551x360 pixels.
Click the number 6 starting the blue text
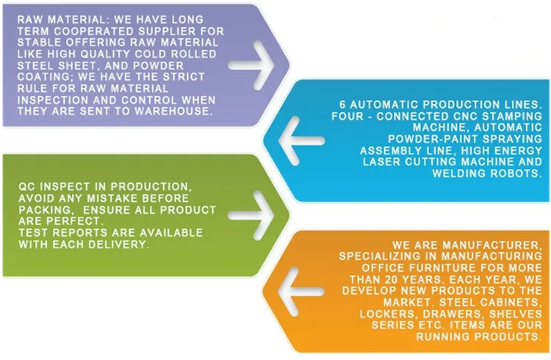pos(343,104)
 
